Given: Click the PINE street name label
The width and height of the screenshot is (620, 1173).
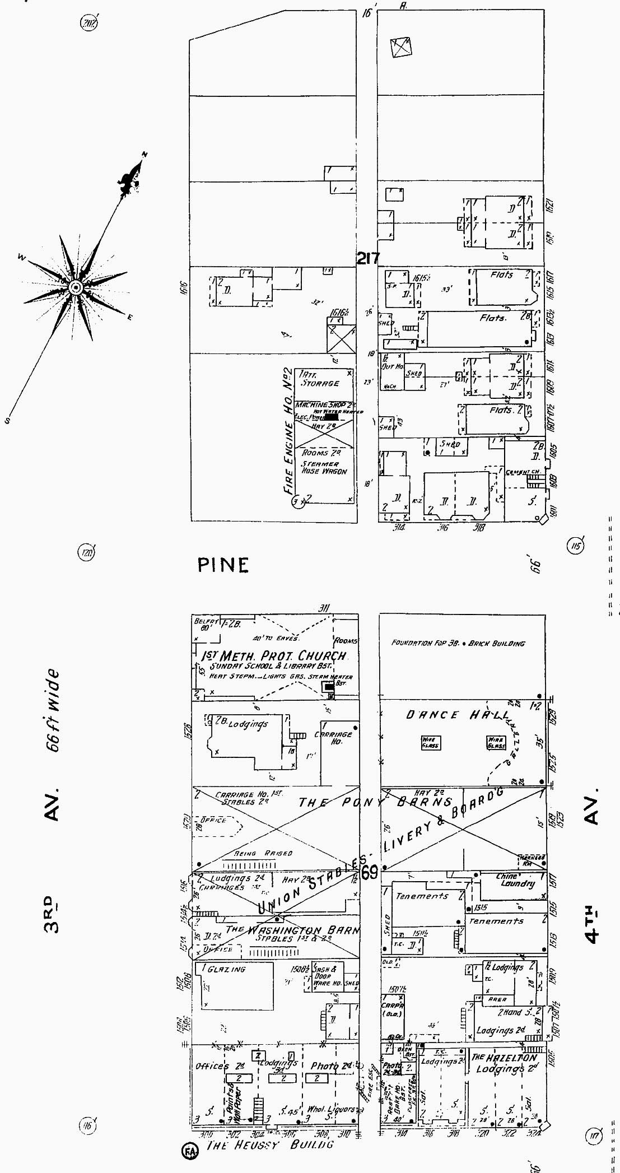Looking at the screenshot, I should [x=223, y=565].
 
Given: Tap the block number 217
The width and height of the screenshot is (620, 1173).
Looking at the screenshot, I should [x=368, y=258].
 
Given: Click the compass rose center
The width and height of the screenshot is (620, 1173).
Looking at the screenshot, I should [x=75, y=288].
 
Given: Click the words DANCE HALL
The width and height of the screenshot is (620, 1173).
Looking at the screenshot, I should [x=457, y=715].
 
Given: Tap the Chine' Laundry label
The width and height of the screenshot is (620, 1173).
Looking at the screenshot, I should [x=515, y=880].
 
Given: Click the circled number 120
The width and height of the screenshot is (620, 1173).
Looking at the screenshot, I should [x=86, y=553].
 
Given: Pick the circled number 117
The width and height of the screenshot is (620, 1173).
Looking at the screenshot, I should [x=593, y=1136].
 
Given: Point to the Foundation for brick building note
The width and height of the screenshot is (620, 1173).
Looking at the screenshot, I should [x=458, y=643].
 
